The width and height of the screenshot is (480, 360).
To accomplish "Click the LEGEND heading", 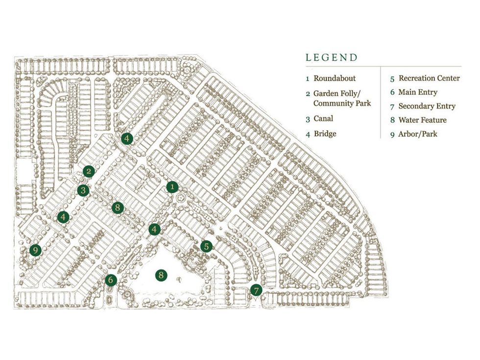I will coord(332,57).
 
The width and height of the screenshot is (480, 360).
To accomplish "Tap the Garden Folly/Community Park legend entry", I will coord(342,98).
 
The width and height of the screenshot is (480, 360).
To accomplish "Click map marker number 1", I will coord(172,187).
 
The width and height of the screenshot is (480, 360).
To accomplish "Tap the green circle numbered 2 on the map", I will coord(89,171).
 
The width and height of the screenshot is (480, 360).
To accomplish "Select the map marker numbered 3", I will coord(83,191).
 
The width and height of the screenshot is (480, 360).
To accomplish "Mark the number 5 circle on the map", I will coord(206,246).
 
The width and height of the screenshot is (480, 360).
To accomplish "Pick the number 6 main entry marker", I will coord(111,280).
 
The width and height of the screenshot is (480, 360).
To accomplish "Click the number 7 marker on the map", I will coord(256,290).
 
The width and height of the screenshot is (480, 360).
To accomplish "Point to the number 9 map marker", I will coord(34,250).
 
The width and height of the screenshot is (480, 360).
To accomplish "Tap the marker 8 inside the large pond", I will coord(161,275).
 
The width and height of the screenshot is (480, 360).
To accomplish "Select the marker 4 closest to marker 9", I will coord(63,216).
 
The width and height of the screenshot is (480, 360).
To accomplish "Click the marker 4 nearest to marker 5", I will coord(155,229).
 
